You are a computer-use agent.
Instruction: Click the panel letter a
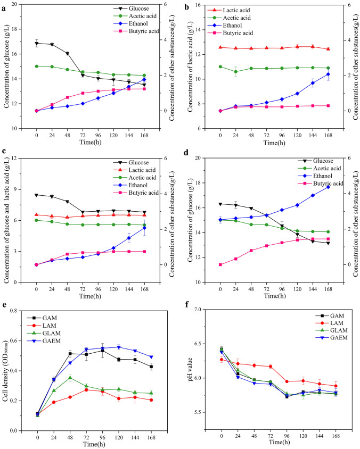(x=4, y=7)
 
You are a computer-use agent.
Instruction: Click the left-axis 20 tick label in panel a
(x=23, y=4)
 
